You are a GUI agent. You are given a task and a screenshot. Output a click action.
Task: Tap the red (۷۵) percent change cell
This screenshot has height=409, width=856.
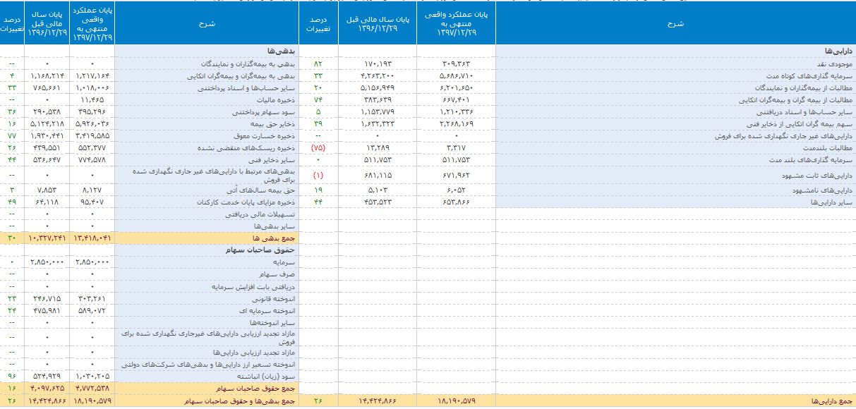point(318,148)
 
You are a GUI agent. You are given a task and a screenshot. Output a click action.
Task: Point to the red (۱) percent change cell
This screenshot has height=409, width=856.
point(318,173)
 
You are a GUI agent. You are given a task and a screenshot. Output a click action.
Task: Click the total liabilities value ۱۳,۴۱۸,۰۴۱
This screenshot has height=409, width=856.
point(92,238)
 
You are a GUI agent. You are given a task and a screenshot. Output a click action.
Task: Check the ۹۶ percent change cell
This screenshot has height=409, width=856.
point(12,377)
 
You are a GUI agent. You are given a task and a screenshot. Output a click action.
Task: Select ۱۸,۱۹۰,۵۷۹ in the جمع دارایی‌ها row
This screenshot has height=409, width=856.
point(455,401)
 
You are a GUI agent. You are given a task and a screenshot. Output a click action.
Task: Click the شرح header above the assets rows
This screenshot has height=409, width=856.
point(675,23)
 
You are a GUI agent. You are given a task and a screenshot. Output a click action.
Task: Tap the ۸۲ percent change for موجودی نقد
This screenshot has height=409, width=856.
point(318,63)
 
